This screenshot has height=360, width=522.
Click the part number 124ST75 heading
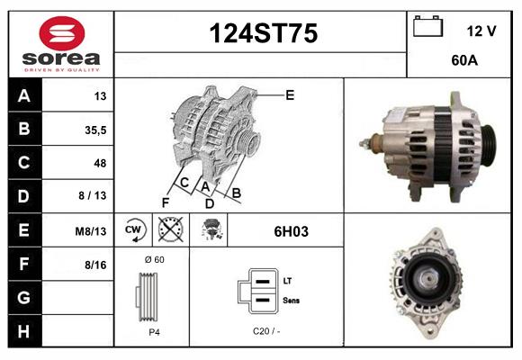(264, 33)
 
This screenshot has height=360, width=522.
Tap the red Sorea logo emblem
(62, 33)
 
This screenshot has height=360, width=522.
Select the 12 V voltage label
(481, 31)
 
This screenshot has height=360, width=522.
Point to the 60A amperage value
(464, 60)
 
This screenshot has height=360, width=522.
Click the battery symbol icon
(428, 26)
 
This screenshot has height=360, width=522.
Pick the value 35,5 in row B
(95, 130)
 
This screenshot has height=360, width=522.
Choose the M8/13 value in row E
(91, 231)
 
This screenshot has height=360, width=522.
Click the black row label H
(24, 331)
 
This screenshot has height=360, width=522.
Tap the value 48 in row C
(100, 163)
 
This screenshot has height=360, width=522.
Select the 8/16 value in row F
(95, 265)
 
